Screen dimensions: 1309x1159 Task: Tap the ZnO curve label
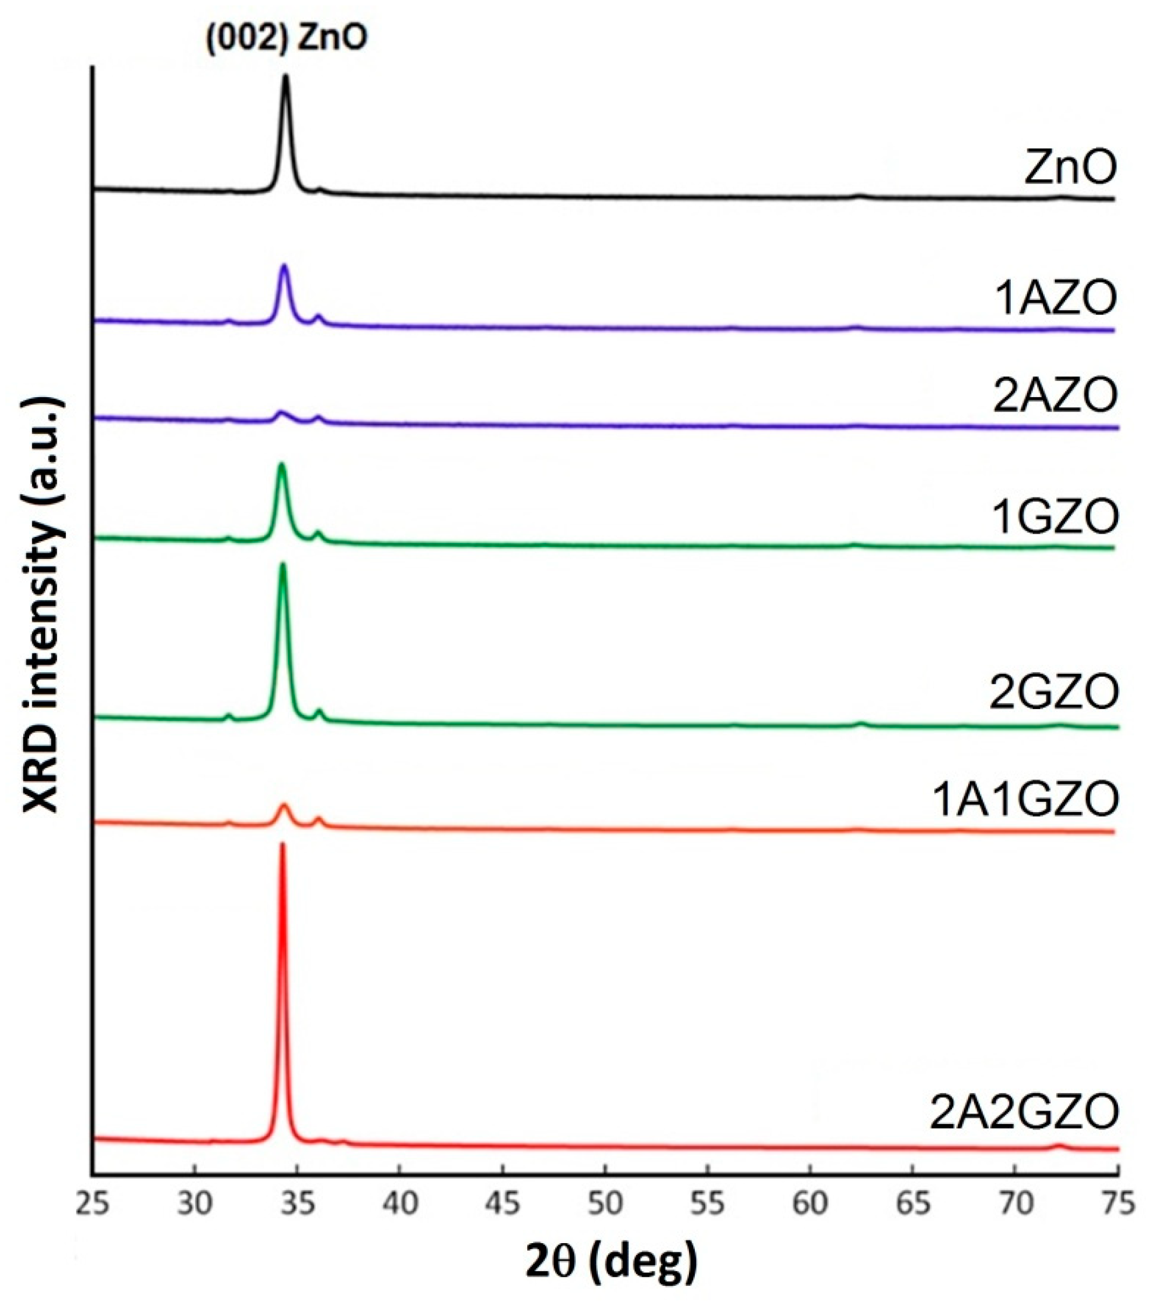(x=1070, y=167)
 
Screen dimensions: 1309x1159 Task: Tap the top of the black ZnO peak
(x=285, y=77)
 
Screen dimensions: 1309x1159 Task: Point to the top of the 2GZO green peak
(x=283, y=565)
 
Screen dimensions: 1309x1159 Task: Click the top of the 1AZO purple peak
(x=284, y=266)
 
